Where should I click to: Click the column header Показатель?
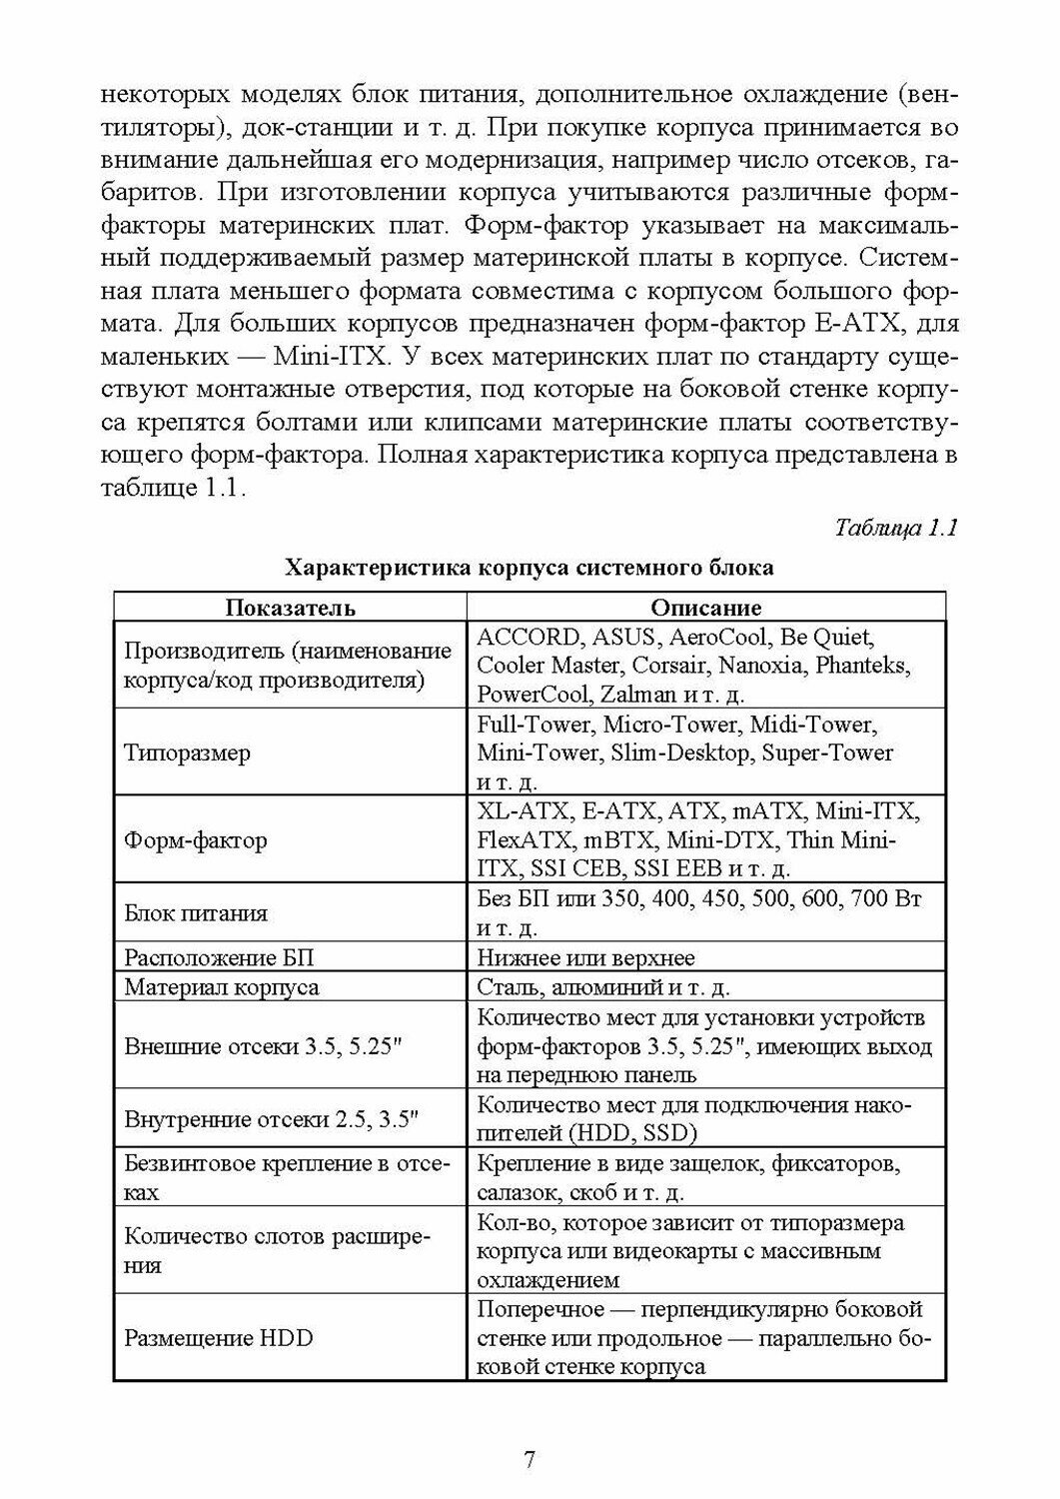290,608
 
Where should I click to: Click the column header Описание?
705,608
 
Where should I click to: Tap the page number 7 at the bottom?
530,1459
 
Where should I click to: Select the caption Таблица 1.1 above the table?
896,529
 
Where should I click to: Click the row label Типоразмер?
187,752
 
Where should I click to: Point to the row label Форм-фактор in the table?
196,839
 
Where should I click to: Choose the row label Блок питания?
196,912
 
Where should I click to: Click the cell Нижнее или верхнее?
585,957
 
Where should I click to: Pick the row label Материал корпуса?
222,987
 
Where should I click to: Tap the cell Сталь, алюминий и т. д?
603,987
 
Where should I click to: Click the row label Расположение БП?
219,957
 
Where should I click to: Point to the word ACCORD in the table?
528,637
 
